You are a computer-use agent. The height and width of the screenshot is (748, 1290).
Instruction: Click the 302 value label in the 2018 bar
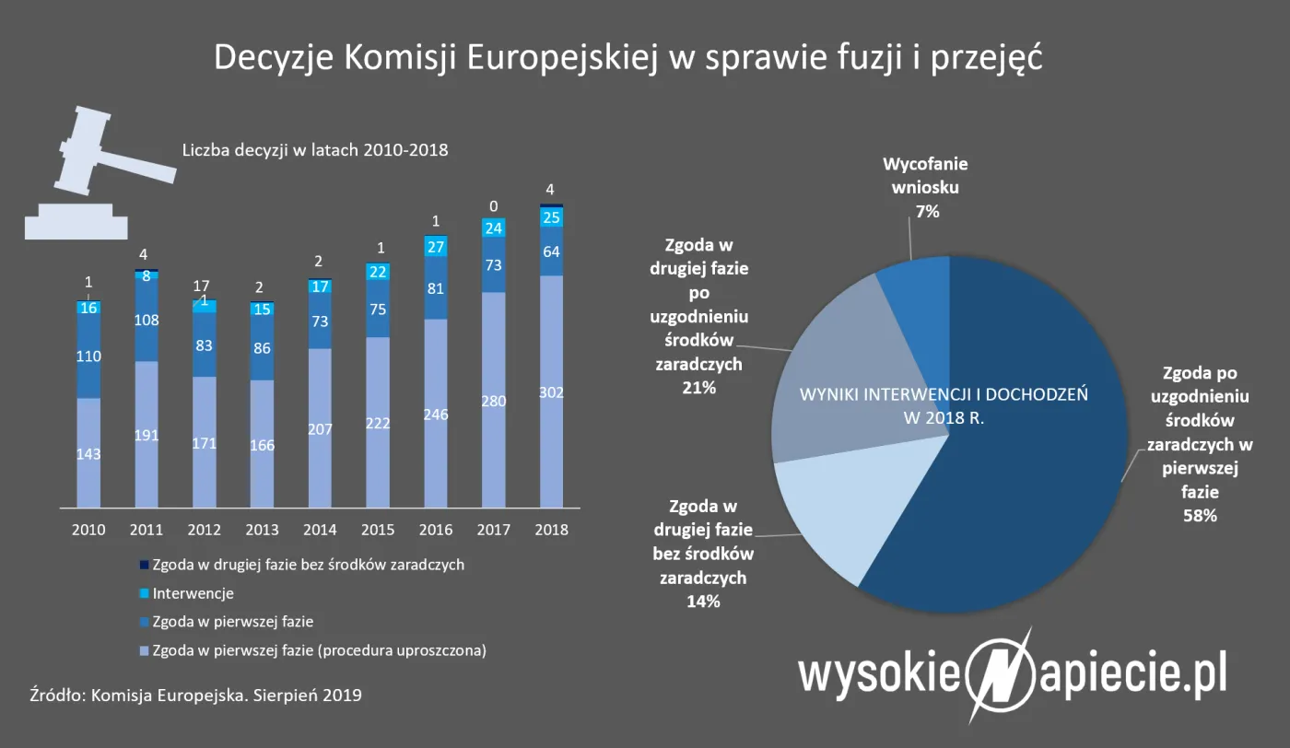pyautogui.click(x=551, y=392)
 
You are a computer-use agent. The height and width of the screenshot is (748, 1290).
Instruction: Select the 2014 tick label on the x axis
pyautogui.click(x=320, y=531)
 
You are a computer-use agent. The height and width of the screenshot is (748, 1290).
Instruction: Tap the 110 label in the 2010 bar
pyautogui.click(x=88, y=356)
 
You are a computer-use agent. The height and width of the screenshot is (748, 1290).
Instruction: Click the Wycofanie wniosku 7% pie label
pyautogui.click(x=926, y=188)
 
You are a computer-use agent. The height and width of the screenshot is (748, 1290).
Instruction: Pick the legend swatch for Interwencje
pyautogui.click(x=143, y=594)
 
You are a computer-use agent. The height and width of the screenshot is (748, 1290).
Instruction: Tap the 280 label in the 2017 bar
pyautogui.click(x=493, y=401)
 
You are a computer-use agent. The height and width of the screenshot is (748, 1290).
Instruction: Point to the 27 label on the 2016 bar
pyautogui.click(x=435, y=247)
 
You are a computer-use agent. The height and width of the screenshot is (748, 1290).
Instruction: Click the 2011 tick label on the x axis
pyautogui.click(x=147, y=531)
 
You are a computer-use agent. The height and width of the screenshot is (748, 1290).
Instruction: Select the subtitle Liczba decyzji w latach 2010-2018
pyautogui.click(x=315, y=149)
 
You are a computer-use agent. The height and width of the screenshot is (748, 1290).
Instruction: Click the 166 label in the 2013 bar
pyautogui.click(x=262, y=446)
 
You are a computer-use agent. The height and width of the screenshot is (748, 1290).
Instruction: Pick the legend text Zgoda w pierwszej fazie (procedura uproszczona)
pyautogui.click(x=319, y=650)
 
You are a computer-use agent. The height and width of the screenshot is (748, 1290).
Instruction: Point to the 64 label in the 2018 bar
pyautogui.click(x=551, y=251)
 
